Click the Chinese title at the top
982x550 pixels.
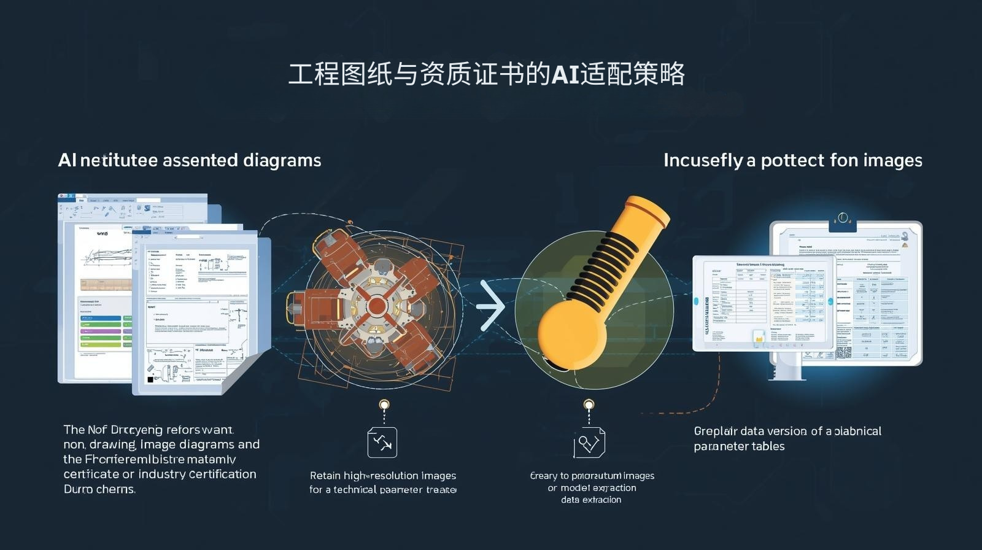point(486,74)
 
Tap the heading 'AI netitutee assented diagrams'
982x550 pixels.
point(189,160)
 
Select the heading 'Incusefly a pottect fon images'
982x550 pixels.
point(792,160)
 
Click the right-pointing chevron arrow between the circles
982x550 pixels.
point(492,305)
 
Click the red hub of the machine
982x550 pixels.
point(377,306)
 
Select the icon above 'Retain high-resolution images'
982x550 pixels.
point(382,443)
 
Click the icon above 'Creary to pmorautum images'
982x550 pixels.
point(589,443)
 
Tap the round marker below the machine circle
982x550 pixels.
point(384,405)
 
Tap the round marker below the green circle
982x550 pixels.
point(589,405)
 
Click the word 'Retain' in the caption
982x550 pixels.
point(325,476)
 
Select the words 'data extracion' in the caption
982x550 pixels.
point(591,500)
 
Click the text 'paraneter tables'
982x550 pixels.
point(739,446)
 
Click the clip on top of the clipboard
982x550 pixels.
point(843,220)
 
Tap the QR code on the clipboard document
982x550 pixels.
point(844,352)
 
